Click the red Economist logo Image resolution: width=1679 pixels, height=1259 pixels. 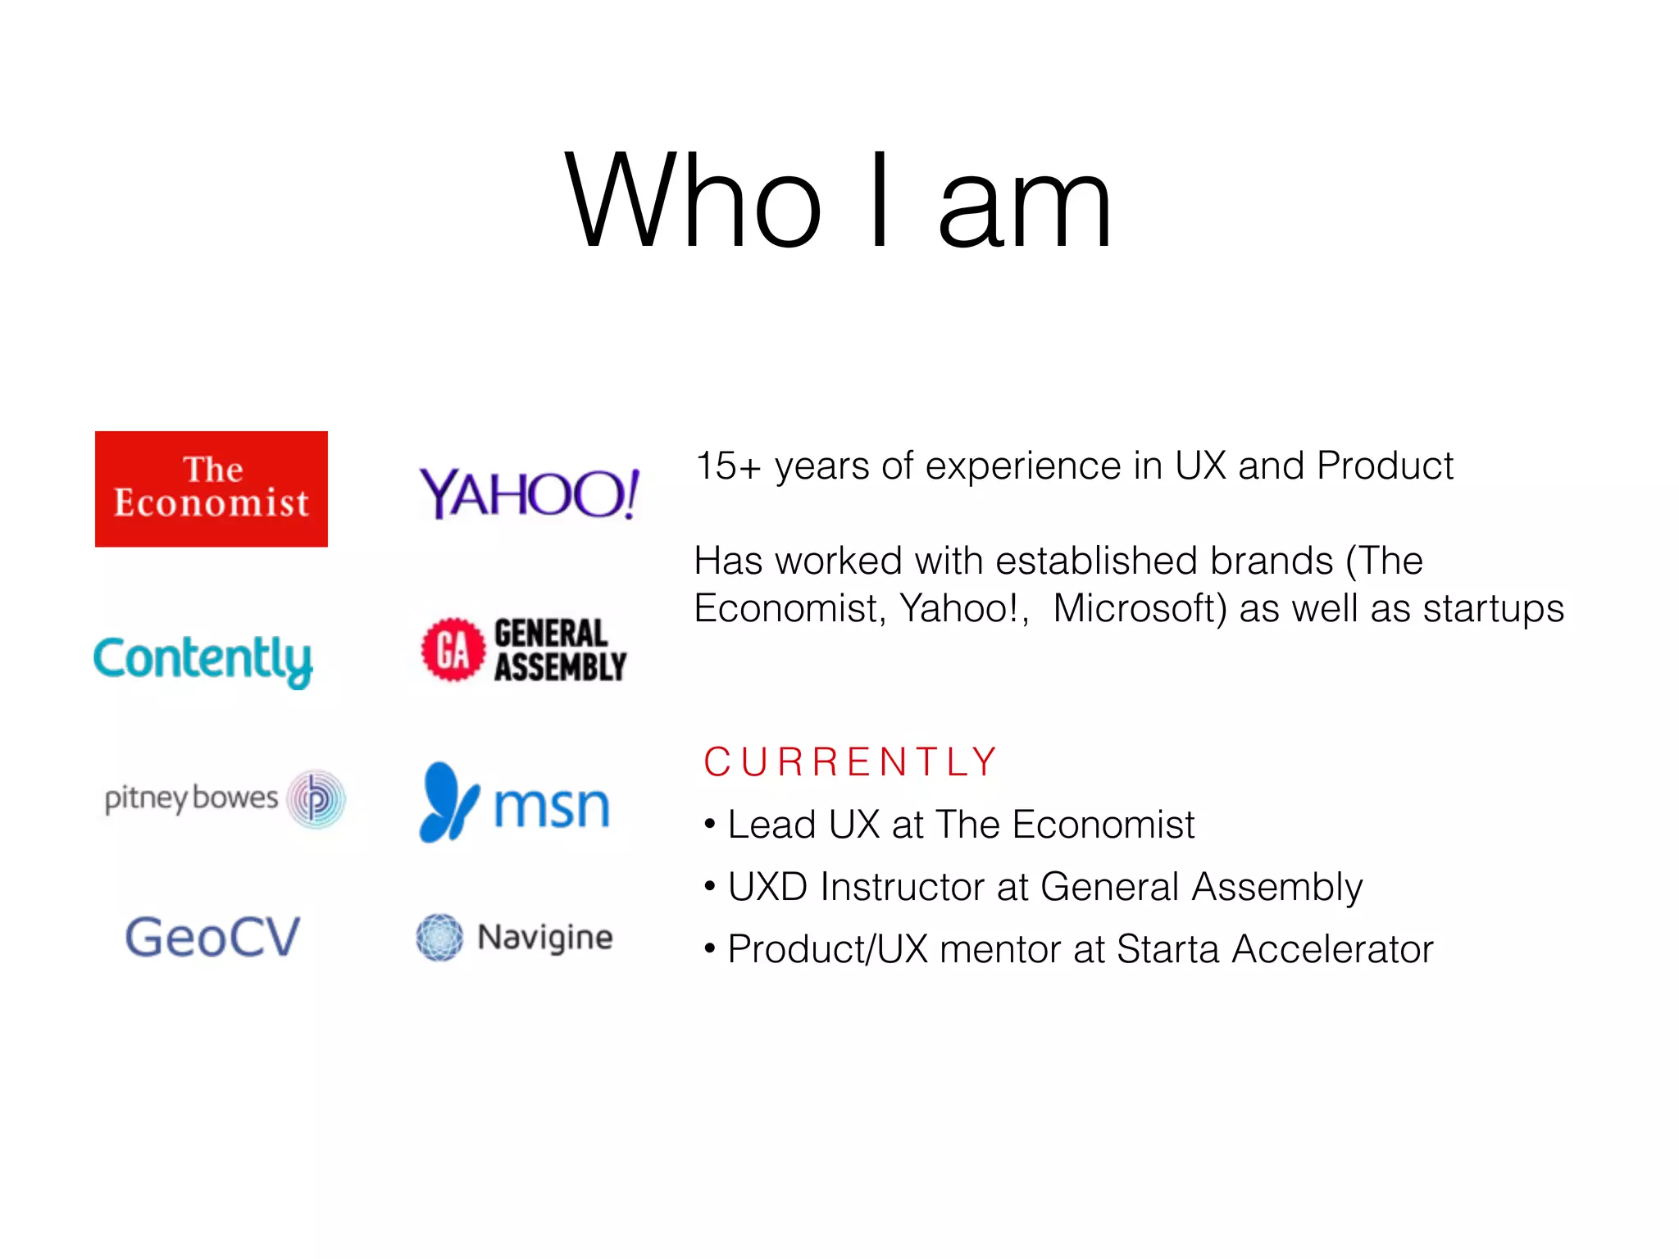point(212,489)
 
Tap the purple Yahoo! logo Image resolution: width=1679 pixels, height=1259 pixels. point(529,493)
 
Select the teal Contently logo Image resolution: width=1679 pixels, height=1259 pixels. point(202,660)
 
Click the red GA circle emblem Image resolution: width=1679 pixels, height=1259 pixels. point(453,650)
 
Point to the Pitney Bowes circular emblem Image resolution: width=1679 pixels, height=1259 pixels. point(316,799)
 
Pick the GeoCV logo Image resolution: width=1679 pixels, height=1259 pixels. point(212,937)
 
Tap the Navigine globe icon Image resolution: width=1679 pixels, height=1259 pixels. point(439,937)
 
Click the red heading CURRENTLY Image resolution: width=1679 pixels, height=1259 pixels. point(850,761)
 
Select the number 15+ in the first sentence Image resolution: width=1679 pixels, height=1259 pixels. point(727,466)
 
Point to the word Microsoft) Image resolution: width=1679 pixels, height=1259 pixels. point(1140,608)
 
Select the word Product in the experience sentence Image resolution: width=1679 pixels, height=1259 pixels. point(1385,466)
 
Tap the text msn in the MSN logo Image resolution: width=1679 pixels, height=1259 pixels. point(552,807)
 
